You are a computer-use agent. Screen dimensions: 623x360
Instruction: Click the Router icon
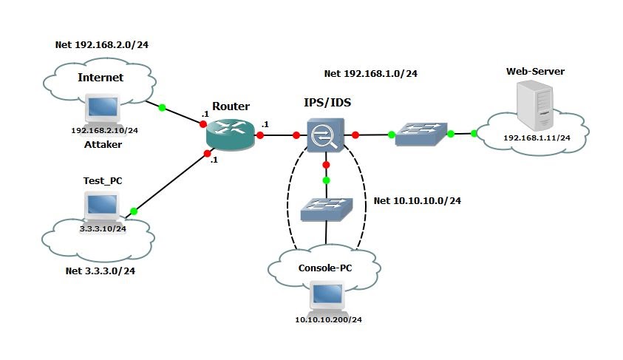[x=231, y=135]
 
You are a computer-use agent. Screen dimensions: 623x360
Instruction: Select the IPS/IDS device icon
[x=326, y=135]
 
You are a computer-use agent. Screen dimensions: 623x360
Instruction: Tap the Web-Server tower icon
[x=535, y=105]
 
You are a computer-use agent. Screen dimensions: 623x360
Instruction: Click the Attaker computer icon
[x=103, y=109]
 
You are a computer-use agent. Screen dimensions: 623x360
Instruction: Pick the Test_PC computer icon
[x=102, y=207]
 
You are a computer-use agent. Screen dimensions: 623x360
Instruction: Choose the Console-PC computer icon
[x=327, y=296]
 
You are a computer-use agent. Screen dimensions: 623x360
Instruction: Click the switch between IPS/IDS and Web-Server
[x=421, y=135]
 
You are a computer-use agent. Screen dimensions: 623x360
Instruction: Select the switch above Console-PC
[x=327, y=209]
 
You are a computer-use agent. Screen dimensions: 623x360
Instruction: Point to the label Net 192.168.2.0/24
[x=102, y=44]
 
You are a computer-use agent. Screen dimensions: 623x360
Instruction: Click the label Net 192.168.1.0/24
[x=371, y=73]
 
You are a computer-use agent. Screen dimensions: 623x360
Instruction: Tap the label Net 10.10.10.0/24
[x=418, y=200]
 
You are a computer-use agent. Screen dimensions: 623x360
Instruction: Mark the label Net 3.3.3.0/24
[x=100, y=271]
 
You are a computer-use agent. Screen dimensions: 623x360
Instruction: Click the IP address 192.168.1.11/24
[x=537, y=138]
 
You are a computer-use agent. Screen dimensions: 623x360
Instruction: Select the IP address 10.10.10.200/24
[x=329, y=319]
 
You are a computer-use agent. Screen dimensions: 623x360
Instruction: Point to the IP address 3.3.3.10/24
[x=103, y=229]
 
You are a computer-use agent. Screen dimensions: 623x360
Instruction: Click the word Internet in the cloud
[x=101, y=78]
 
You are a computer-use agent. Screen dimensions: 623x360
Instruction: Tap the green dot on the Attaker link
[x=162, y=107]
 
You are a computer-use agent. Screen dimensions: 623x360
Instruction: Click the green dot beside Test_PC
[x=134, y=211]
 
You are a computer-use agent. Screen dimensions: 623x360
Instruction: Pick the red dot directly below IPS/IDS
[x=326, y=165]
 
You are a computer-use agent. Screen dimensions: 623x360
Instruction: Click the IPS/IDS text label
[x=327, y=103]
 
